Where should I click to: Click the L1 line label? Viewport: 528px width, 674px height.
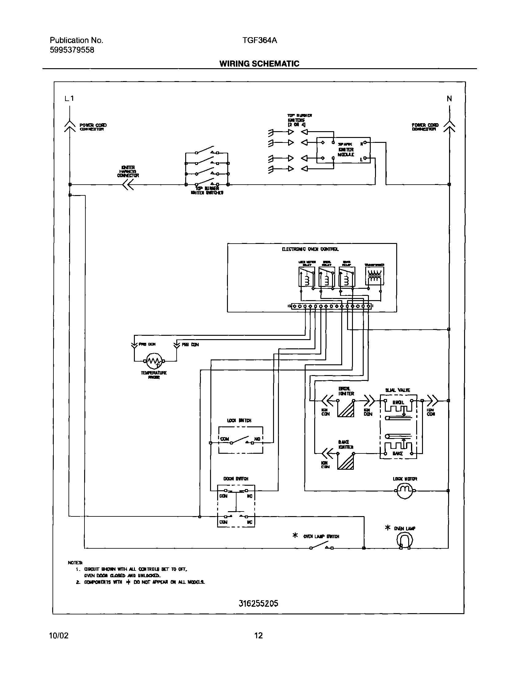click(x=69, y=99)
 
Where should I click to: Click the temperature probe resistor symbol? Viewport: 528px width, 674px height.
click(x=154, y=361)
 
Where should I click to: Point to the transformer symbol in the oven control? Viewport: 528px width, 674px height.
click(x=374, y=276)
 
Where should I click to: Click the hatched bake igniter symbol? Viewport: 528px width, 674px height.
click(x=346, y=461)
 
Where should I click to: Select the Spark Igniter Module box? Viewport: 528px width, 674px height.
click(x=343, y=150)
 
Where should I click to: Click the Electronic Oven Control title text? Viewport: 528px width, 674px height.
click(x=310, y=249)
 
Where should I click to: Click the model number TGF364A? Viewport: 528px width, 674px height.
click(x=260, y=41)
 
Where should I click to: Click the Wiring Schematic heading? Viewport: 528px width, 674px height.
click(x=259, y=64)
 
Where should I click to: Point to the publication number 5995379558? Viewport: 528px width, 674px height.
click(x=72, y=50)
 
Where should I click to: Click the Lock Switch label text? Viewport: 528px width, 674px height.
click(x=239, y=421)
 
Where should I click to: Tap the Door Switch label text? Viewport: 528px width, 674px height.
click(x=236, y=479)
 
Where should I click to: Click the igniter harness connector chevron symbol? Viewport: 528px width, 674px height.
click(x=128, y=185)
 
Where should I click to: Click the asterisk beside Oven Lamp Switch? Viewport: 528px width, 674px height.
click(x=295, y=535)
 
